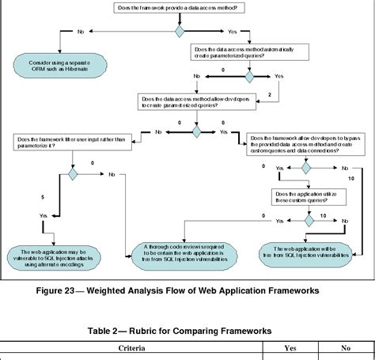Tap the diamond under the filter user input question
click(73, 173)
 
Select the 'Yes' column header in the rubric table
click(290, 347)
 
